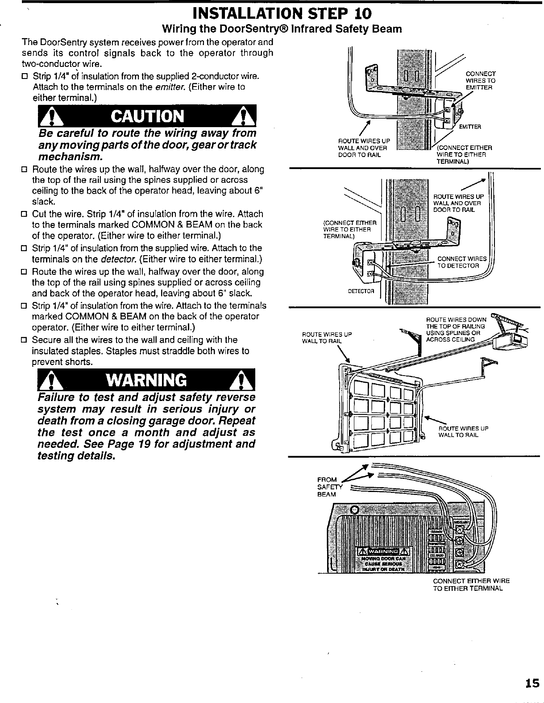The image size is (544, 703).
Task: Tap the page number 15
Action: pos(532,683)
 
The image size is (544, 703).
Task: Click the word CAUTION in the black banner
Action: pos(148,116)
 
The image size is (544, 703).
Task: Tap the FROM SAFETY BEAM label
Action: pos(328,487)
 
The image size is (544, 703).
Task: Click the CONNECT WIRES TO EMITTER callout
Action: pos(480,81)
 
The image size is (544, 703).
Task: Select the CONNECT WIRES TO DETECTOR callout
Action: pos(458,262)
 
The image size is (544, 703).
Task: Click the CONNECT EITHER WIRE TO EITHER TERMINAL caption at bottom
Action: pos(471,584)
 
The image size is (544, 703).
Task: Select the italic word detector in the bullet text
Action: pos(118,260)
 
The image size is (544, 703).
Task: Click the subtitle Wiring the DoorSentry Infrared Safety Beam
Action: pos(281,29)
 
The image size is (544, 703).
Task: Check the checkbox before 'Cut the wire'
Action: pos(25,215)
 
